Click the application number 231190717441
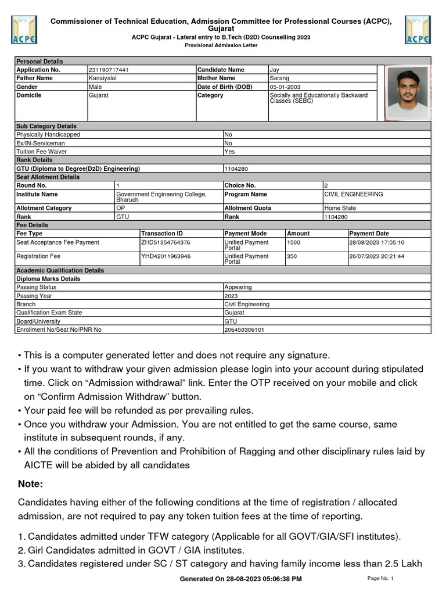(x=109, y=70)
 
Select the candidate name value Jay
(x=274, y=70)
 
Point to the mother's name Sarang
(x=279, y=78)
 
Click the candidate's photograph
(x=405, y=93)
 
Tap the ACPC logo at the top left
(x=23, y=30)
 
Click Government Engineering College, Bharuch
(x=161, y=196)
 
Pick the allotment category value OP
(x=120, y=208)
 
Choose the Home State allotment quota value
(x=340, y=208)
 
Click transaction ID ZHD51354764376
(x=166, y=242)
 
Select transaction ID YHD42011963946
(x=166, y=256)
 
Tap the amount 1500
(x=294, y=242)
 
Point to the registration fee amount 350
(x=292, y=256)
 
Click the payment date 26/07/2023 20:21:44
(x=376, y=256)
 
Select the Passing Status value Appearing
(x=238, y=287)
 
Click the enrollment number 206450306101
(x=244, y=329)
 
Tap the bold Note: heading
(x=31, y=484)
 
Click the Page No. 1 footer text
(x=380, y=578)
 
